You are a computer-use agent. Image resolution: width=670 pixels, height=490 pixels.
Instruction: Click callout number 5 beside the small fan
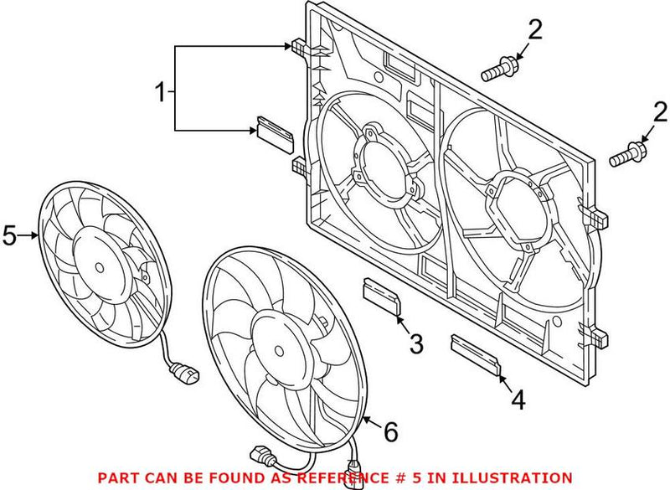(10, 236)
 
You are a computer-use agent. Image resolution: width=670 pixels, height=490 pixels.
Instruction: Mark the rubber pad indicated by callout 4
(476, 353)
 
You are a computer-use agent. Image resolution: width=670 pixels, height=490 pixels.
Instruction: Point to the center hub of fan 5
(99, 267)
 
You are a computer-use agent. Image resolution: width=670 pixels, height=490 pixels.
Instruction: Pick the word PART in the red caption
(118, 477)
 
